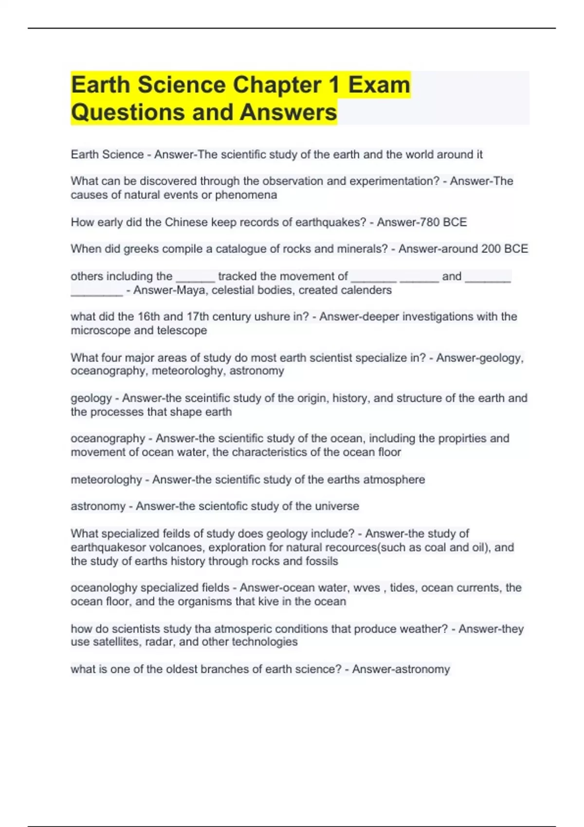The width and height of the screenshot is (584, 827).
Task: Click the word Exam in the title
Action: [x=379, y=85]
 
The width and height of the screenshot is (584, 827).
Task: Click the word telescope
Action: [x=182, y=330]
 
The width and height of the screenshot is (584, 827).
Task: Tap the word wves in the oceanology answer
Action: [x=366, y=588]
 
